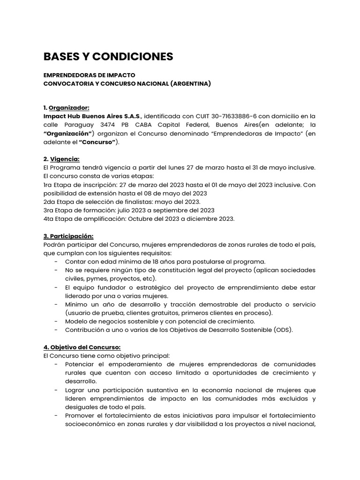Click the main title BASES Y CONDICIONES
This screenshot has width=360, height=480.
108,57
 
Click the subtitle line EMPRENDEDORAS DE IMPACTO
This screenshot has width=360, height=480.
89,75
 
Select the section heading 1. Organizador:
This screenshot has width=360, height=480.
66,107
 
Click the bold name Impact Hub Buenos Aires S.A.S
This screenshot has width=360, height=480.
92,116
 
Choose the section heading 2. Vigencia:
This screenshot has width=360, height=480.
61,159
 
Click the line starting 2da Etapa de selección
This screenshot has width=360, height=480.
121,202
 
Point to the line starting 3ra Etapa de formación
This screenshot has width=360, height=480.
129,210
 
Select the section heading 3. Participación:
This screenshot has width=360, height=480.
68,236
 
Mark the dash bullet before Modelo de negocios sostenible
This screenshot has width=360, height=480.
56,321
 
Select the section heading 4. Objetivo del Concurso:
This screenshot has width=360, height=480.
82,347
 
